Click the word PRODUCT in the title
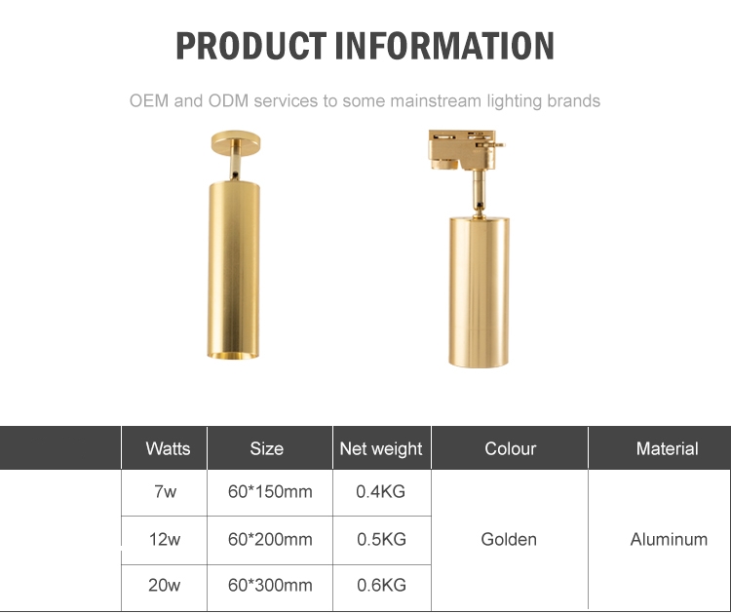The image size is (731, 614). pyautogui.click(x=250, y=46)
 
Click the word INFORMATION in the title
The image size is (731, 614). pyautogui.click(x=444, y=46)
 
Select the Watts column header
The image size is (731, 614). pyautogui.click(x=168, y=448)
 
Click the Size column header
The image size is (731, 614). pyautogui.click(x=267, y=448)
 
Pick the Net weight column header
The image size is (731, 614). pyautogui.click(x=381, y=449)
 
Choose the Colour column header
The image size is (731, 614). pyautogui.click(x=511, y=448)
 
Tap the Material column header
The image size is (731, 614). pyautogui.click(x=667, y=448)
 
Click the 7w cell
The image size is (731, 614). pyautogui.click(x=165, y=491)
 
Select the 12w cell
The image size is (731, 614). pyautogui.click(x=165, y=539)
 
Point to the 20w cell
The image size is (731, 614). pyautogui.click(x=164, y=585)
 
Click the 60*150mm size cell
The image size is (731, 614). pyautogui.click(x=270, y=491)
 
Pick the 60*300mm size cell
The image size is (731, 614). pyautogui.click(x=270, y=585)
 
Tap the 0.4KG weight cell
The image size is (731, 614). pyautogui.click(x=380, y=491)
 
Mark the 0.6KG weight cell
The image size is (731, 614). pyautogui.click(x=381, y=585)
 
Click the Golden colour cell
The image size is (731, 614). pyautogui.click(x=509, y=539)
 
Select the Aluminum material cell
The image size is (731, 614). pyautogui.click(x=669, y=539)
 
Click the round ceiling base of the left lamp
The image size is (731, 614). pyautogui.click(x=236, y=142)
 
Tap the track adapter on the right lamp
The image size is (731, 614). pyautogui.click(x=465, y=149)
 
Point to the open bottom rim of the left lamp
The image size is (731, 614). pyautogui.click(x=233, y=356)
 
